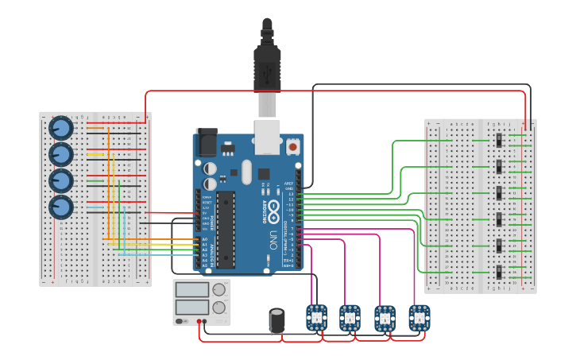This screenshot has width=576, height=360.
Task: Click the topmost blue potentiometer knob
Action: pos(61,128)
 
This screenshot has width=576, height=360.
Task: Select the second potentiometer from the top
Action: pos(61,154)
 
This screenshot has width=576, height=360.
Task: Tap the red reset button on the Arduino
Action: pos(293,147)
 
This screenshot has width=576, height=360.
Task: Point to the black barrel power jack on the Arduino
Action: pos(206,141)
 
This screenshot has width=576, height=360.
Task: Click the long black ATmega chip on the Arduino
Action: pos(226,229)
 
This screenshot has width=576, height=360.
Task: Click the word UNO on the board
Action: pos(272,238)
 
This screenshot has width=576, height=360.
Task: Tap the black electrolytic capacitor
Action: pos(277,320)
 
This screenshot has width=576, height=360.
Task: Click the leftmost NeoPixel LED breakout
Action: pos(316,318)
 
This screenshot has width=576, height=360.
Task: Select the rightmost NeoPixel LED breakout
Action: pos(419,318)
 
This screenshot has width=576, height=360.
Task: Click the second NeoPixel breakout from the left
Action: pos(350,318)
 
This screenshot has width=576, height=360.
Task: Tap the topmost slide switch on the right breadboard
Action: pos(499,141)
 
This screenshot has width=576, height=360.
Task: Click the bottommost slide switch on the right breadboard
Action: pos(499,272)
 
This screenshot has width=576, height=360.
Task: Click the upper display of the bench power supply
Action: pos(192,290)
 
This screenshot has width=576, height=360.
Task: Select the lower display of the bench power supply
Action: pos(192,307)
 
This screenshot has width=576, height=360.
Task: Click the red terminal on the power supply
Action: pos(198,321)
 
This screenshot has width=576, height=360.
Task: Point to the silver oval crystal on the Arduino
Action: pos(245,171)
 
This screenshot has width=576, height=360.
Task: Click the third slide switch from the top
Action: pos(499,193)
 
